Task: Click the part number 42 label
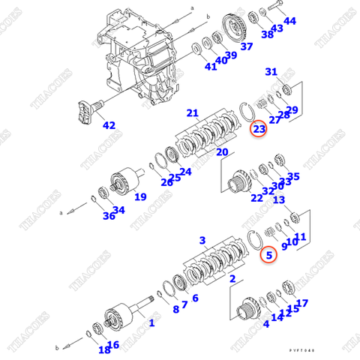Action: coord(110,125)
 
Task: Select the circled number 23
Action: coord(259,129)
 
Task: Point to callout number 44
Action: coord(289,21)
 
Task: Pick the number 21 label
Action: coord(193,113)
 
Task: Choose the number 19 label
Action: coord(140,198)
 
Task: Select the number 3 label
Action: coord(202,240)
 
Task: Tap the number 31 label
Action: coord(271,72)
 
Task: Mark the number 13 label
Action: coord(279,199)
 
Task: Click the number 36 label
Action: coord(109,216)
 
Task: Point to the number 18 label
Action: coord(103,349)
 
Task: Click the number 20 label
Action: coord(222,152)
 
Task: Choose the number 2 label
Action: coord(232,278)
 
